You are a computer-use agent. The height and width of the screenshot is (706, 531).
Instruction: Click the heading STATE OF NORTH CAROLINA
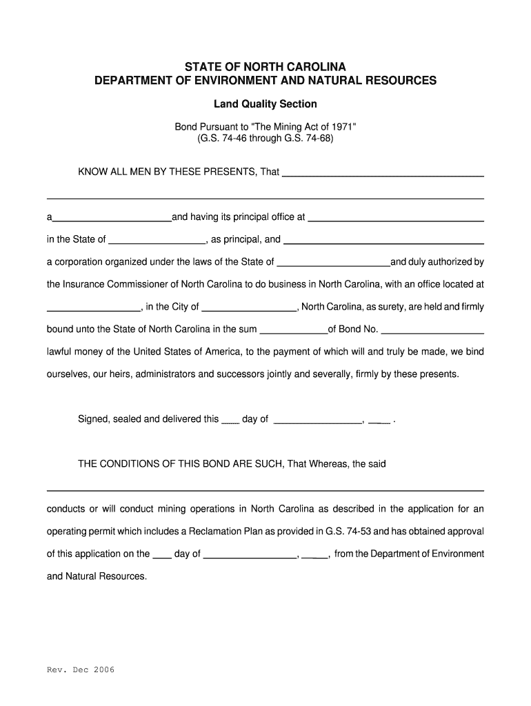(265, 67)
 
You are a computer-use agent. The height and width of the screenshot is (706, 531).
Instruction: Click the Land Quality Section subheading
(265, 104)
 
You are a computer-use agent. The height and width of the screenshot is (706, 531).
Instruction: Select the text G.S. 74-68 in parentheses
(308, 138)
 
